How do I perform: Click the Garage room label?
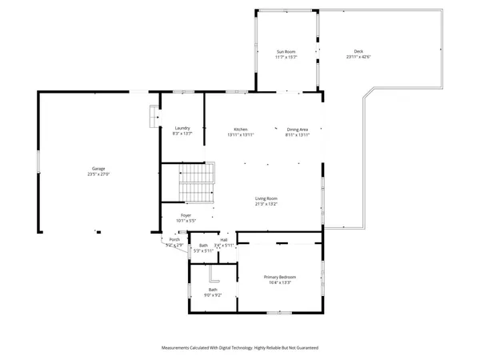(x=98, y=169)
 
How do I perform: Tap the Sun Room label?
(x=286, y=51)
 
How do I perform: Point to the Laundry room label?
(x=182, y=129)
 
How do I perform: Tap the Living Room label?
(x=266, y=198)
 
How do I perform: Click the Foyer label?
(x=186, y=214)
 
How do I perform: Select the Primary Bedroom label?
(x=281, y=277)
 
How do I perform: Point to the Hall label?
(x=224, y=239)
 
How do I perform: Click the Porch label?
(x=174, y=239)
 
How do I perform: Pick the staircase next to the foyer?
(x=197, y=183)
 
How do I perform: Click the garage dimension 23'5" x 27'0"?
(x=98, y=174)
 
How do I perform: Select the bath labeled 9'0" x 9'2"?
(x=213, y=292)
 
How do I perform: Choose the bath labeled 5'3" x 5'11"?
(x=203, y=248)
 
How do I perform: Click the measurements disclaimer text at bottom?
(x=240, y=348)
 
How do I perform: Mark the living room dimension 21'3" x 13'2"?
(x=266, y=204)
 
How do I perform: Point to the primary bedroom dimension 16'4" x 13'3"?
(x=281, y=282)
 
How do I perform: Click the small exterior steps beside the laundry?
(x=153, y=118)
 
